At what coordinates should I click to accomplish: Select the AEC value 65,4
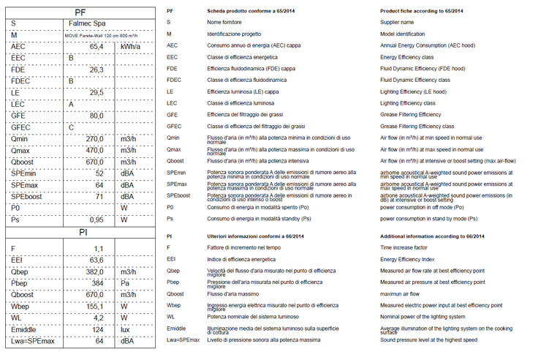click(96, 46)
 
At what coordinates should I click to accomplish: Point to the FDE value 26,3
click(96, 70)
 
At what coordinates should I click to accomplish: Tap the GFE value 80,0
click(96, 116)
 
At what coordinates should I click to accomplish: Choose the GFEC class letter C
click(71, 127)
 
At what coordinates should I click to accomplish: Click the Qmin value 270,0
click(94, 138)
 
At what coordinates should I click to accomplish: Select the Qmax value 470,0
click(94, 150)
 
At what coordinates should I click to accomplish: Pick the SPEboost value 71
click(99, 196)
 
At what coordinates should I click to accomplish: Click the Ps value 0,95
click(96, 220)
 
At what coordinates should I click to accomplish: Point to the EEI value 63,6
click(96, 260)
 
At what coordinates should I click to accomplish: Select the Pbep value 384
click(97, 282)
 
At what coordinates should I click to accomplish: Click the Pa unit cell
click(125, 282)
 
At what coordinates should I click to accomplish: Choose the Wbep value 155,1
click(94, 306)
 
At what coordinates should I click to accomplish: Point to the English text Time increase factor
click(404, 248)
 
